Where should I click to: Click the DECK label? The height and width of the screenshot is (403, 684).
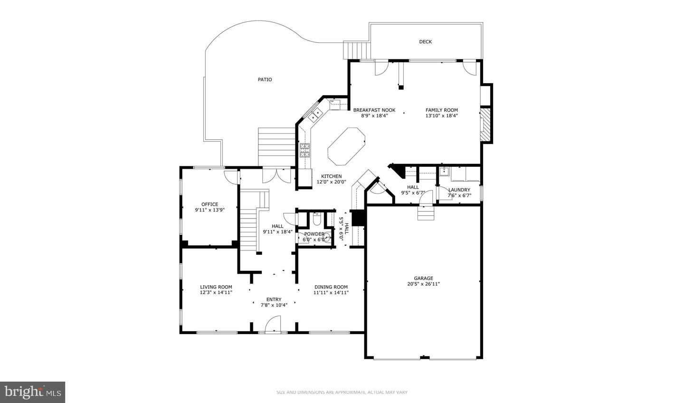pyautogui.click(x=425, y=42)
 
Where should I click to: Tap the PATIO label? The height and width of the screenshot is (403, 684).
pyautogui.click(x=265, y=80)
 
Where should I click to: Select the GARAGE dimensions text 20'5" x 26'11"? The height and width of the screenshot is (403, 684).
pyautogui.click(x=423, y=284)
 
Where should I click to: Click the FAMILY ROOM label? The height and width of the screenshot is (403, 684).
pyautogui.click(x=441, y=110)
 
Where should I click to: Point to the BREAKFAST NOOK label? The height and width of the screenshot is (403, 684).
pyautogui.click(x=374, y=110)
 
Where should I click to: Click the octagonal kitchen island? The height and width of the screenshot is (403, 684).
pyautogui.click(x=347, y=144)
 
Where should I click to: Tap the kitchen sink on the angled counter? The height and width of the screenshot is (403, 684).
pyautogui.click(x=315, y=114)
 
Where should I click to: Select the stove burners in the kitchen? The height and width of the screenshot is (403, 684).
pyautogui.click(x=304, y=150)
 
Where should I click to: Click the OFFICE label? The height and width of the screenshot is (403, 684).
pyautogui.click(x=209, y=204)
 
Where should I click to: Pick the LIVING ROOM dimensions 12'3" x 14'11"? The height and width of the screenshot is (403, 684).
pyautogui.click(x=216, y=293)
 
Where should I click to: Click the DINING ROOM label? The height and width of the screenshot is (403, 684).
pyautogui.click(x=331, y=287)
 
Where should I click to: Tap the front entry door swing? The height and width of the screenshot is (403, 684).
pyautogui.click(x=273, y=326)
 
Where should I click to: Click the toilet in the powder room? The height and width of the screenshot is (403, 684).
pyautogui.click(x=317, y=220)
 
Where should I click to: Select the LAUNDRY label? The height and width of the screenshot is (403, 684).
pyautogui.click(x=459, y=190)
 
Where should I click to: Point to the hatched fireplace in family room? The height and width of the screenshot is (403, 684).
pyautogui.click(x=484, y=125)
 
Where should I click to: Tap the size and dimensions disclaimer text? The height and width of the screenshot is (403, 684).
pyautogui.click(x=342, y=392)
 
